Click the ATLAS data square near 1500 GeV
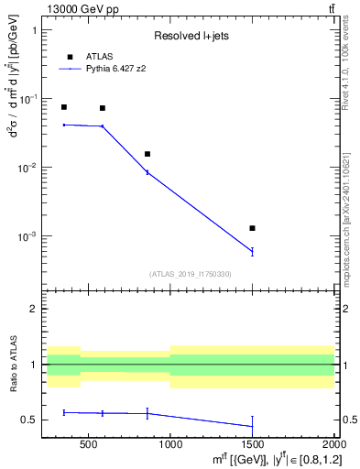(252, 228)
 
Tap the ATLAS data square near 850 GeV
(147, 154)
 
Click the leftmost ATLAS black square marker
(63, 107)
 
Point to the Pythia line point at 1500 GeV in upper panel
(252, 251)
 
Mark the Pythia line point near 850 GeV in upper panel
(147, 172)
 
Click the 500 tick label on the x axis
(88, 442)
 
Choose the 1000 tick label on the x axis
(169, 442)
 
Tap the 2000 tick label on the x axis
(333, 442)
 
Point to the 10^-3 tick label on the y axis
(27, 236)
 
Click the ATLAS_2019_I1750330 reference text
(190, 274)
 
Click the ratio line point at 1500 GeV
(252, 426)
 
